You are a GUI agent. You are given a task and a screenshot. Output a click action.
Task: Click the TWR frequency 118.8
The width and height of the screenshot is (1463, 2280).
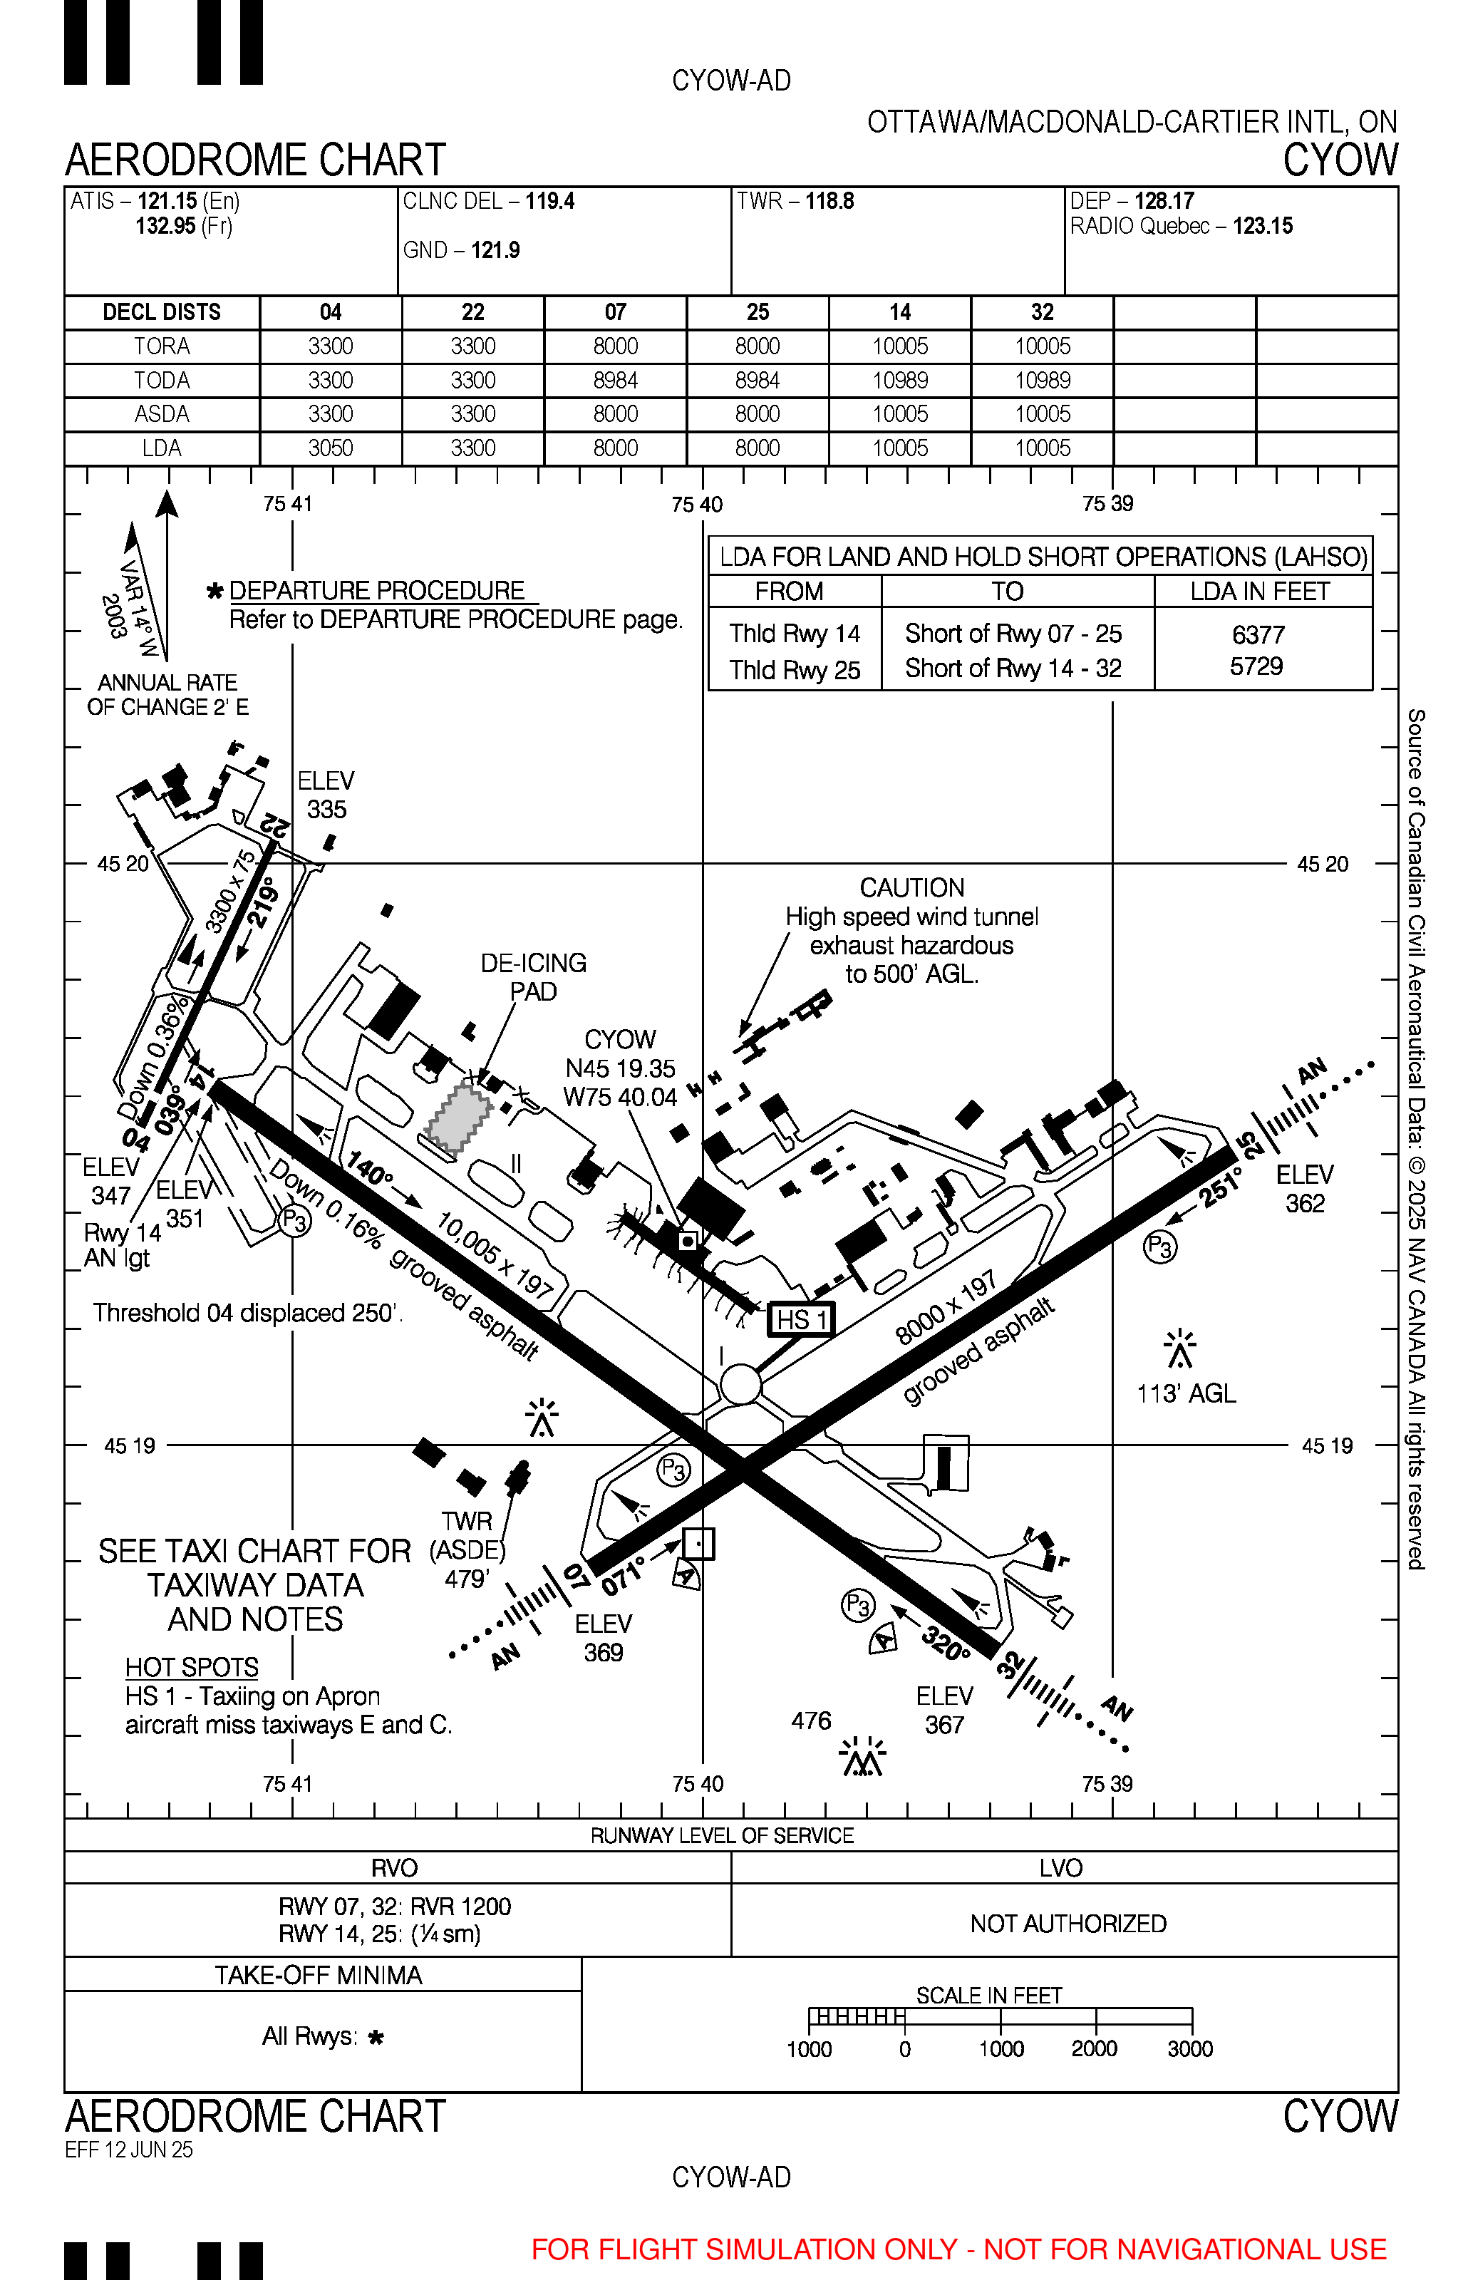829,202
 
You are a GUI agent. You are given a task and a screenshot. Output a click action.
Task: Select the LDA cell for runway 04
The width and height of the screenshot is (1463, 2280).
331,448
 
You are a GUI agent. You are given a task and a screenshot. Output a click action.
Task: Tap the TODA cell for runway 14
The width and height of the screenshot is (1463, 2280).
899,381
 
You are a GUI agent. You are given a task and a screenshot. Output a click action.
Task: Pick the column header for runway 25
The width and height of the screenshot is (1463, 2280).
757,313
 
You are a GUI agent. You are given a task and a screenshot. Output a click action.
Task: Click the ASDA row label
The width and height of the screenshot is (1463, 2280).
162,414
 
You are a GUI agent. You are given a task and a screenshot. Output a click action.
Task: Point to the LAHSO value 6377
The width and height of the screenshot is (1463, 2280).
1258,634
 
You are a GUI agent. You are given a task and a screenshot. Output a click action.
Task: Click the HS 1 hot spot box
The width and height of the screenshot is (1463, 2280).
802,1319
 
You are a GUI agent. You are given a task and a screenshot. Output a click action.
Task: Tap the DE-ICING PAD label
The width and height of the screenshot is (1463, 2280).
533,976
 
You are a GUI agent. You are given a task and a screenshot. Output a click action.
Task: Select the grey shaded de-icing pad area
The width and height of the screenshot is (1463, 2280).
460,1118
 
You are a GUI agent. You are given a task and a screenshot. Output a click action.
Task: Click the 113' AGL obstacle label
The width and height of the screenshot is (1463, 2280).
1187,1393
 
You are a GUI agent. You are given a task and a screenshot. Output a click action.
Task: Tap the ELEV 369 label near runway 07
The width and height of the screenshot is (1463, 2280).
604,1638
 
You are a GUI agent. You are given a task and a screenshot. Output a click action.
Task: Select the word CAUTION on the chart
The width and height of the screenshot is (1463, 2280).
912,887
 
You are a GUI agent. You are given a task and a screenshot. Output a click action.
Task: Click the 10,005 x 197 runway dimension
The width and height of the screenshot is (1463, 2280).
494,1255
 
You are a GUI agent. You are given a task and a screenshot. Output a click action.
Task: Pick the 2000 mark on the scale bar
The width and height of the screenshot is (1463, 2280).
1095,2048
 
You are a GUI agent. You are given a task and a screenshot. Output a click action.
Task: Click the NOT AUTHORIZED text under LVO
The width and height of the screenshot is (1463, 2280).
1067,1924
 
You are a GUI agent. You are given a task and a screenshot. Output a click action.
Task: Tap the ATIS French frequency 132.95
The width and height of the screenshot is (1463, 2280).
165,226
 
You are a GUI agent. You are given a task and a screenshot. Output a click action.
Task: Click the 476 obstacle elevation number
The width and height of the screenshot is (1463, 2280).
811,1721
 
